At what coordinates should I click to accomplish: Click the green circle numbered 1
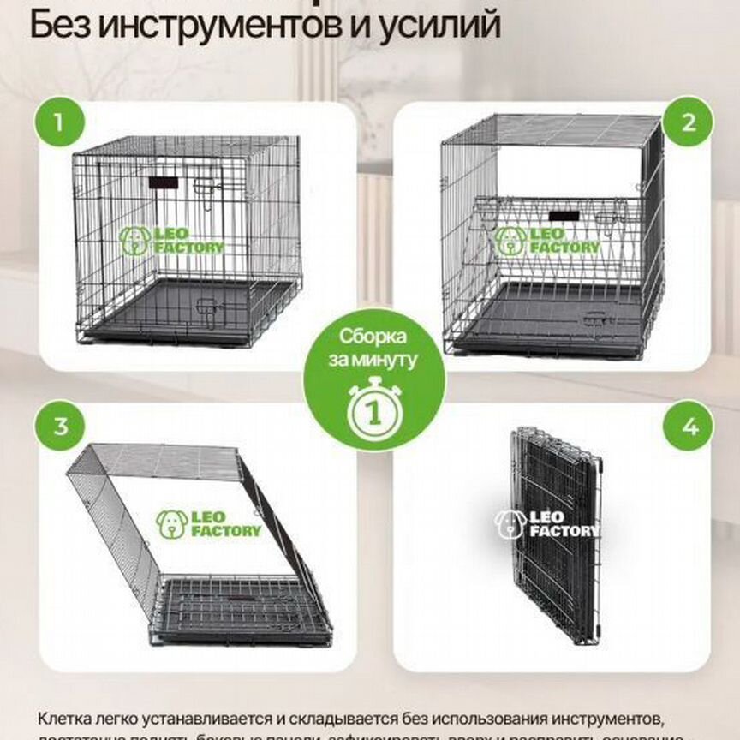[59, 122]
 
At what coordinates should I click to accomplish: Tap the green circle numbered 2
[688, 122]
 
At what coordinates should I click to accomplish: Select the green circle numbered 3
[59, 426]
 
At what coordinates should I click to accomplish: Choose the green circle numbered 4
[688, 426]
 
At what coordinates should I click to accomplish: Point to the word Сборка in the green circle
[373, 337]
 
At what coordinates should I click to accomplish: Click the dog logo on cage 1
[135, 241]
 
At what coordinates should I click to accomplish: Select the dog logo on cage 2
[510, 241]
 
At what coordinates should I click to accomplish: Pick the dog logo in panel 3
[171, 524]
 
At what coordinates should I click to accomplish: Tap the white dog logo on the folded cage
[510, 524]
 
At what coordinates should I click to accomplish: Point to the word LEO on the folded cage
[551, 516]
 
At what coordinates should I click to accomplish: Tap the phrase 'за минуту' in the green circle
[373, 360]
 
